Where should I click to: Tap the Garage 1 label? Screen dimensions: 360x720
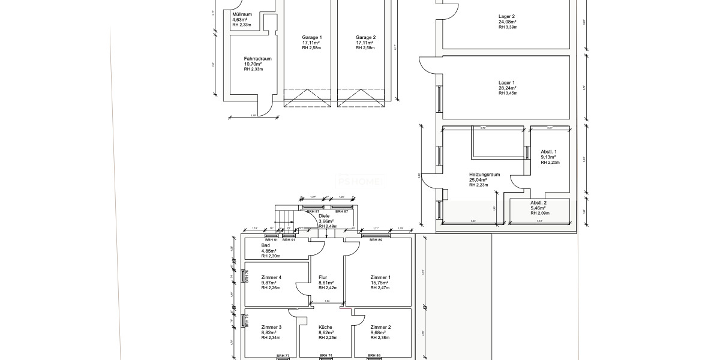tap(311, 37)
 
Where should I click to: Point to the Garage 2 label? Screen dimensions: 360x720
tap(365, 37)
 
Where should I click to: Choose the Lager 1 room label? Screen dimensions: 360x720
tap(506, 83)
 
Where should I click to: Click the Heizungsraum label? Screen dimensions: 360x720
tap(484, 175)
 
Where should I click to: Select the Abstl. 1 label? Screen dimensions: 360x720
tap(549, 152)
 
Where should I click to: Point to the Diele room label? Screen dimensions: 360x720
tap(324, 216)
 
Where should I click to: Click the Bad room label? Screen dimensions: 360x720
tap(265, 245)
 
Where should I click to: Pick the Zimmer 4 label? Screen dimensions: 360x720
tap(271, 277)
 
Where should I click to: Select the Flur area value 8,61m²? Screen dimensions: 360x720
tap(326, 283)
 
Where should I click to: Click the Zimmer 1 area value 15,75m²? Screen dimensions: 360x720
tap(380, 283)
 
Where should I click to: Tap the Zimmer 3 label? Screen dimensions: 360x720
tap(271, 327)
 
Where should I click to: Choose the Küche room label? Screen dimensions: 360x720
tap(326, 327)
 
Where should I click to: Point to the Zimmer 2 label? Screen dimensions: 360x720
tap(380, 327)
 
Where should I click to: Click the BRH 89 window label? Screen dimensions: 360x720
tap(376, 240)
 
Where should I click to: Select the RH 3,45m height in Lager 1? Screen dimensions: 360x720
tap(508, 93)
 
